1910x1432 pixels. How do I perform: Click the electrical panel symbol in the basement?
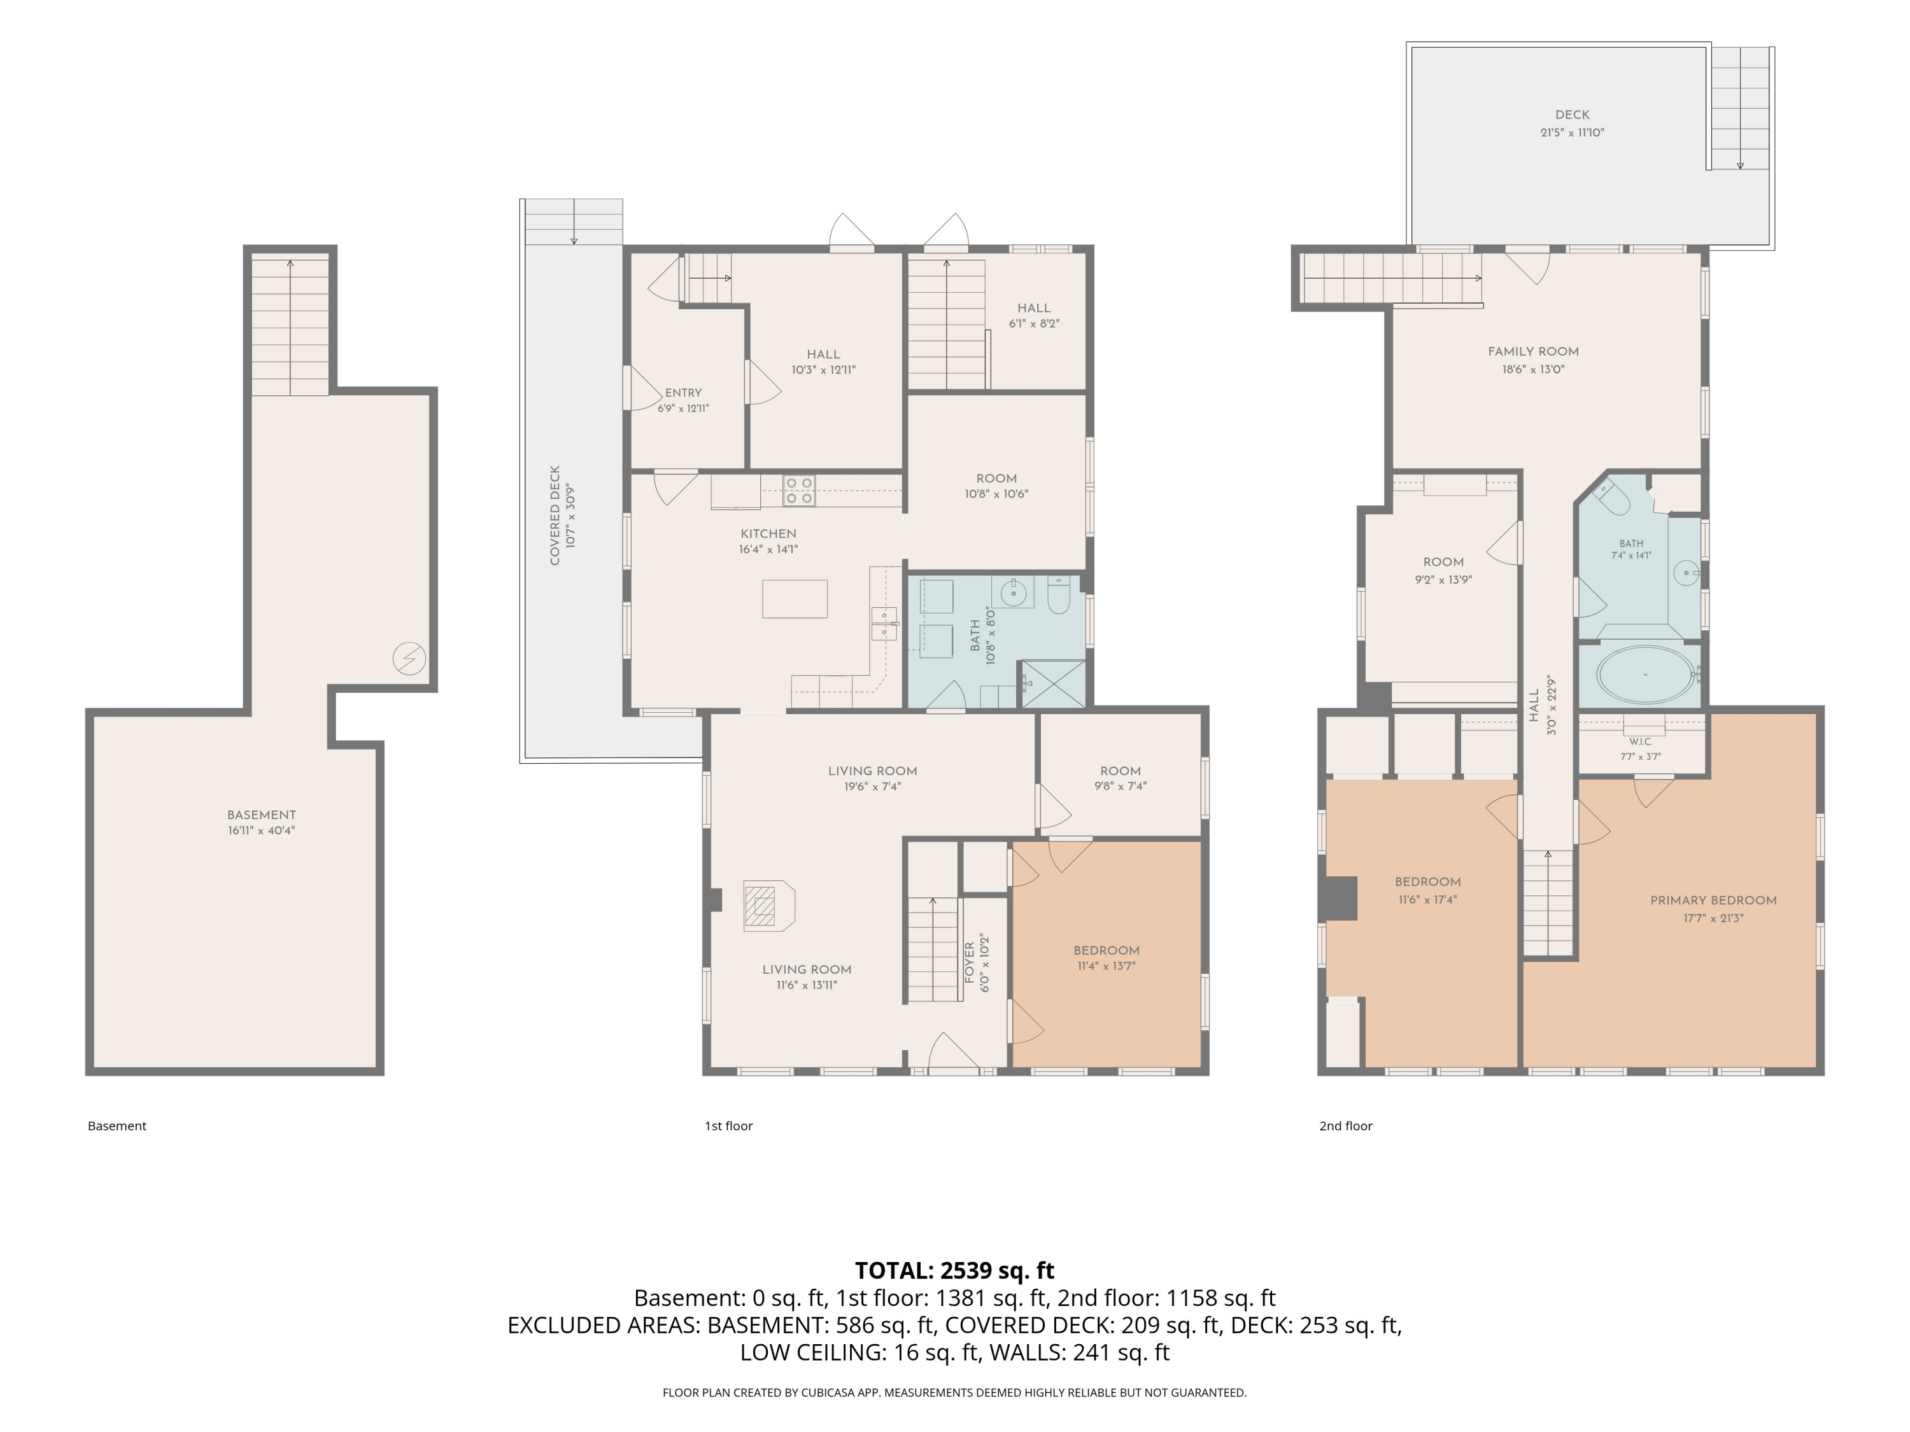tap(409, 659)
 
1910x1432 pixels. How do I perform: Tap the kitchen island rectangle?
tap(795, 598)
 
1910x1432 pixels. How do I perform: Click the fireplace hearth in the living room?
tap(769, 906)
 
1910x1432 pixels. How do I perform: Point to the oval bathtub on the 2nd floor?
tap(1645, 674)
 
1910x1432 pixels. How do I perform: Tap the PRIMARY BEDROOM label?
tap(1713, 901)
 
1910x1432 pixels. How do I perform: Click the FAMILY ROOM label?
tap(1534, 351)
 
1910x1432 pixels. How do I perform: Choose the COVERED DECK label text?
tap(555, 516)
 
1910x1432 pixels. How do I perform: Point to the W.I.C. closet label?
tap(1641, 741)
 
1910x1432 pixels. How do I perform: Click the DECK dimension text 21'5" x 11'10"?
tap(1573, 133)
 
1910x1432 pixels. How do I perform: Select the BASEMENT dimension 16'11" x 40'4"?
tap(261, 831)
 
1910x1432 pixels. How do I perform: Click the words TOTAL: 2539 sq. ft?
tap(954, 1270)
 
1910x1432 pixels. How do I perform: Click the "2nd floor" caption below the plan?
tap(1345, 1126)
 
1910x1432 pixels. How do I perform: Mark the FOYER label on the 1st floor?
tap(969, 962)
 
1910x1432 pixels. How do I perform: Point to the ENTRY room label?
tap(683, 393)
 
